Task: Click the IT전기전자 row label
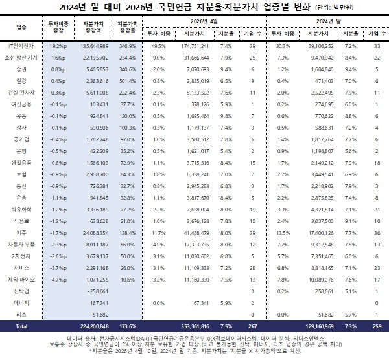pyautogui.click(x=20, y=47)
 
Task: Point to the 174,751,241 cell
pyautogui.click(x=195, y=47)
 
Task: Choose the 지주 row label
pyautogui.click(x=20, y=231)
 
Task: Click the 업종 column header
pyautogui.click(x=20, y=27)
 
